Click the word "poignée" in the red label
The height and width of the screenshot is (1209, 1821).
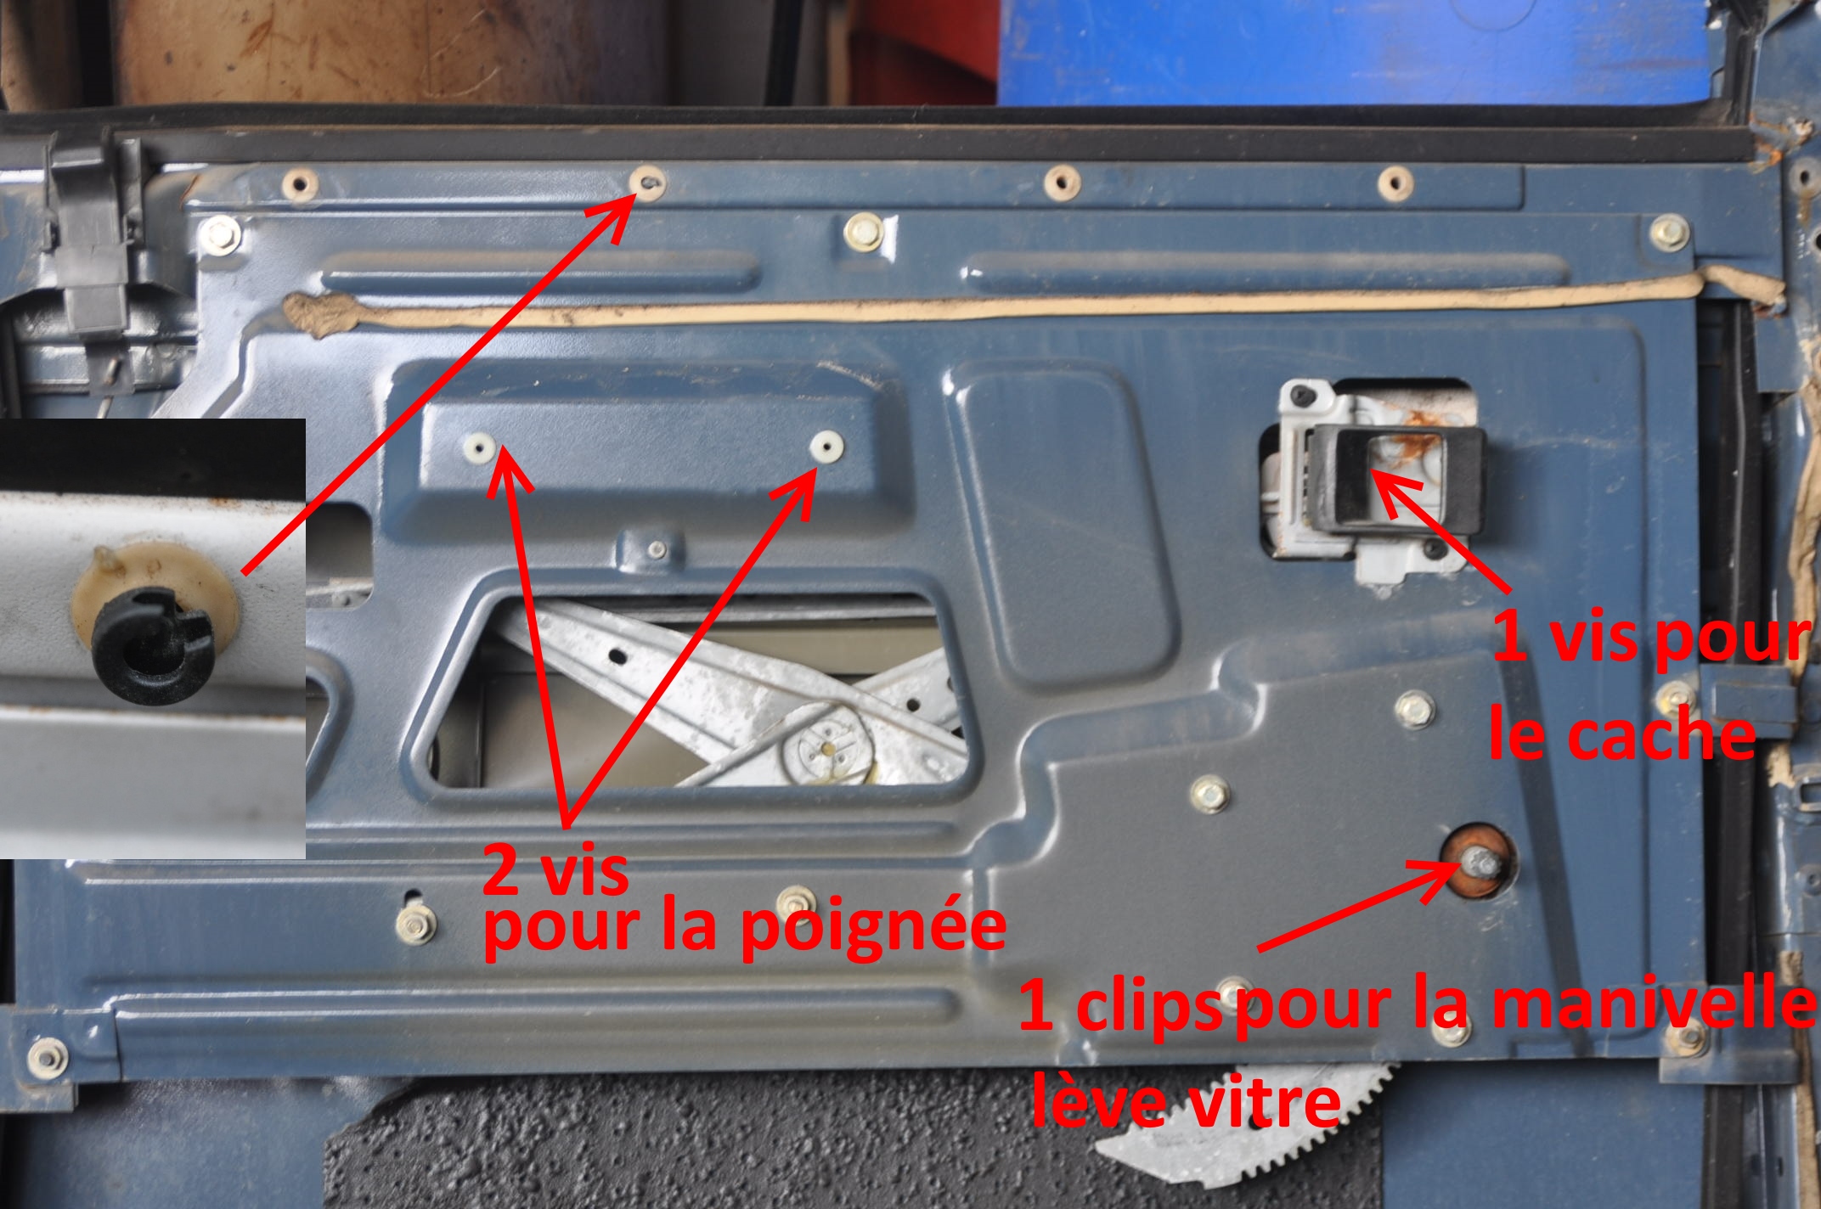tap(874, 928)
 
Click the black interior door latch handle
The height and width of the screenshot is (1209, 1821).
tap(1397, 480)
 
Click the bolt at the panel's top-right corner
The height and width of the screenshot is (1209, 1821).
tap(1669, 232)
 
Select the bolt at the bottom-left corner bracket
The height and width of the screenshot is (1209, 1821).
tap(43, 1056)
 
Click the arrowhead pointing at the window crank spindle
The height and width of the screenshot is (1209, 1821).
tap(1435, 874)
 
